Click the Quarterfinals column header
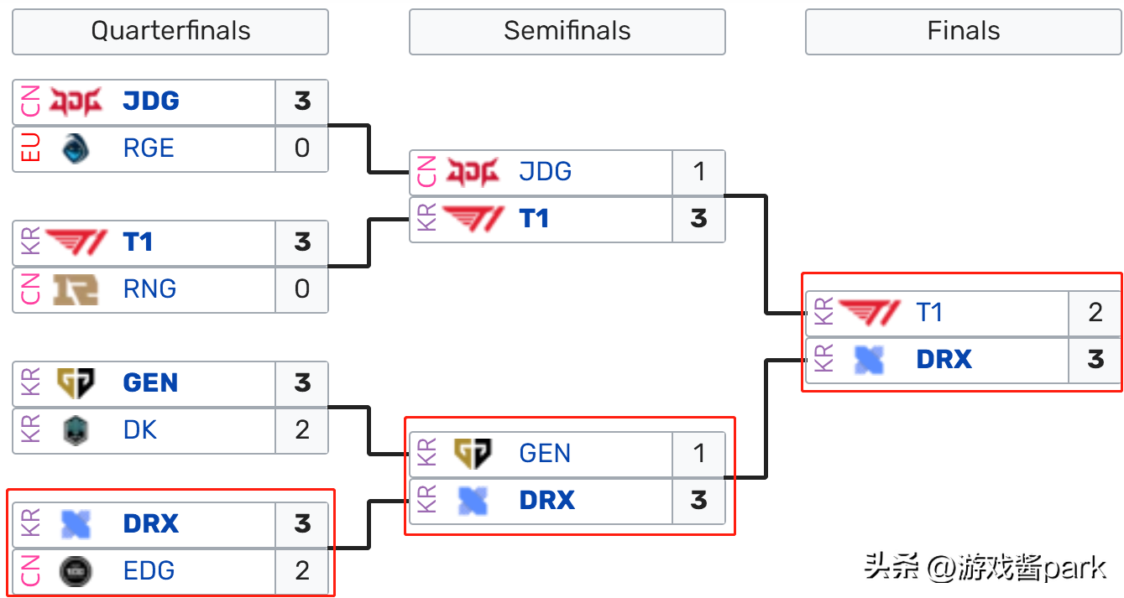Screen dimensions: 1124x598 coord(170,31)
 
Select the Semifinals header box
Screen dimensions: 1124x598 coord(567,31)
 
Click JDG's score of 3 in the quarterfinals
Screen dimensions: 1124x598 coord(302,101)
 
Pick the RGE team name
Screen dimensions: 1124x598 coord(149,148)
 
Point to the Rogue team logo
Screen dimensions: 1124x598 coord(76,149)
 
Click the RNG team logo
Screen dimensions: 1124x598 coord(76,289)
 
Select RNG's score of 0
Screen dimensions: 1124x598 coord(302,289)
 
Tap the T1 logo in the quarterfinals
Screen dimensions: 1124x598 coord(76,242)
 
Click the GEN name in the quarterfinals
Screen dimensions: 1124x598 coord(150,383)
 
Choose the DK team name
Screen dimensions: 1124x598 coord(140,430)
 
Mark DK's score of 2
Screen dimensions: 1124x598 coord(302,430)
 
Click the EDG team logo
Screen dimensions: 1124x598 coord(76,571)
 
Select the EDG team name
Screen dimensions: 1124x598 coord(149,571)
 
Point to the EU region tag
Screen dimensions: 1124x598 coord(30,148)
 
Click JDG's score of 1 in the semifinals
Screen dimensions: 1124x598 coord(699,172)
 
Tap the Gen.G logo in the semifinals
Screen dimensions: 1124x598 coord(473,454)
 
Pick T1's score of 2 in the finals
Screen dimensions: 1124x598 coord(1095,313)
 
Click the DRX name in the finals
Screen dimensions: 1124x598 coord(944,360)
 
